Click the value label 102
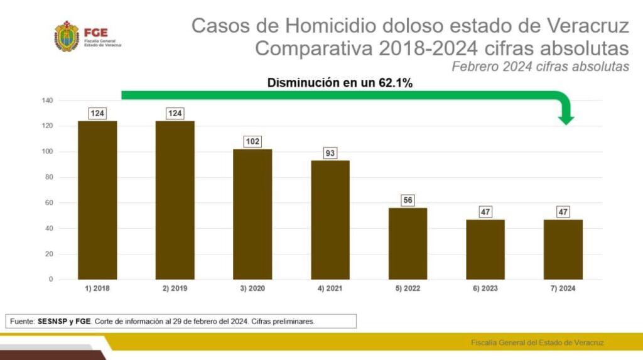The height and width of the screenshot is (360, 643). point(252,141)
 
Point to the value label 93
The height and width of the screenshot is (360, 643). point(330,153)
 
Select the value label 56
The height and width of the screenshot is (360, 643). point(408,200)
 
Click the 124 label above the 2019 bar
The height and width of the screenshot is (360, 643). point(175,114)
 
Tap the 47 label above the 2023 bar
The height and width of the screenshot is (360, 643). point(485,212)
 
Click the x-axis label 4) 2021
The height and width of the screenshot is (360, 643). point(330,288)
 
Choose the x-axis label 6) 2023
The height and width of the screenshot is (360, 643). point(485,288)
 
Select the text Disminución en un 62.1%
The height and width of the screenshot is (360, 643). point(340,82)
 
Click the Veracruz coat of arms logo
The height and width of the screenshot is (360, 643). point(67,36)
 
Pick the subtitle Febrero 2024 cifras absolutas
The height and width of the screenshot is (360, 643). point(541,67)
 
